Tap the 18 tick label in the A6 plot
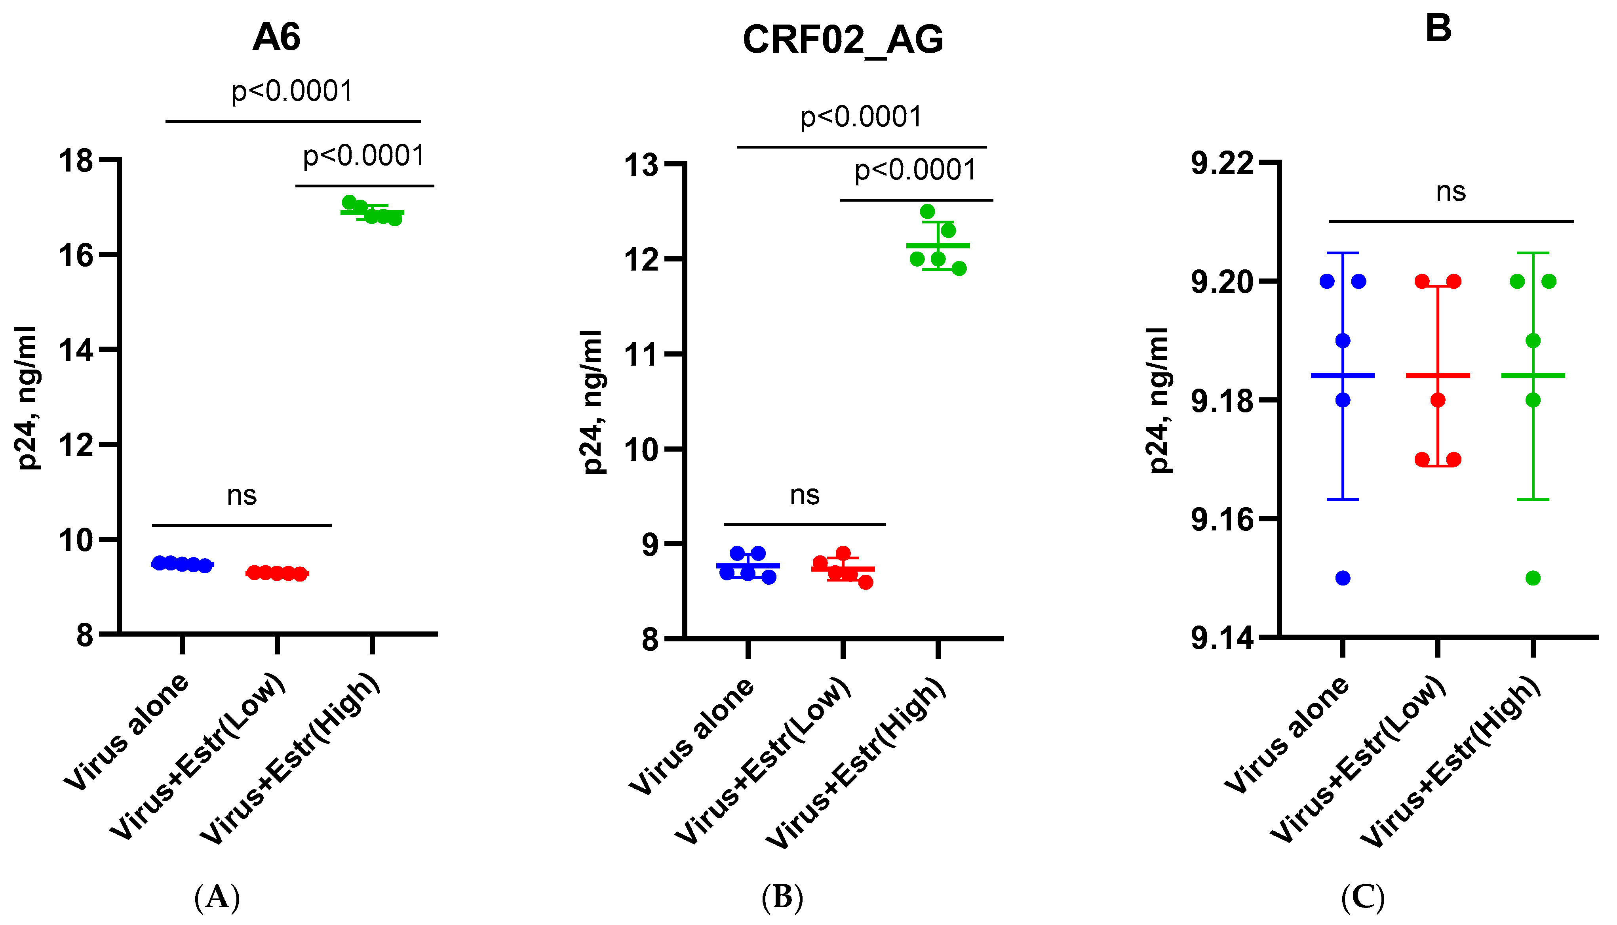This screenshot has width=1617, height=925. pos(76,161)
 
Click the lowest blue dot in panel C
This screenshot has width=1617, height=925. pos(1342,578)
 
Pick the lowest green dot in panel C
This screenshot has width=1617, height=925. pos(1533,578)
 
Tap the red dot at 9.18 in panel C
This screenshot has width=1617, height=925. pos(1438,400)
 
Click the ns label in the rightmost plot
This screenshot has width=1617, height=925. pos(1451,191)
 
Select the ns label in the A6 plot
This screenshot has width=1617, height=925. pos(242,495)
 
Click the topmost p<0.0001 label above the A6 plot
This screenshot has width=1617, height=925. pos(292,91)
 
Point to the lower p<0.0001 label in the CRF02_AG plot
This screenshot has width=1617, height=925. pos(915,170)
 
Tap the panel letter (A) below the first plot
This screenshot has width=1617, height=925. pos(217,897)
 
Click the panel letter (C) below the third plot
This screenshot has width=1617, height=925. pos(1363,897)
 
